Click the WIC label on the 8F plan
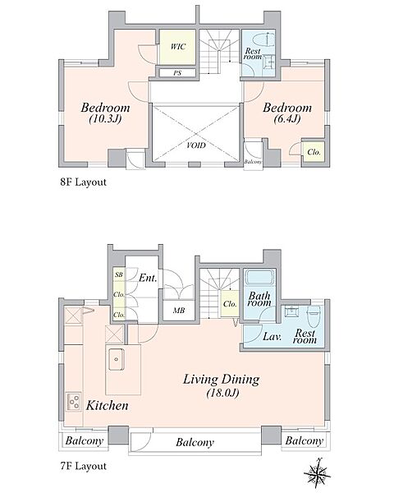pyautogui.click(x=178, y=47)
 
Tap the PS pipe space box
pyautogui.click(x=177, y=73)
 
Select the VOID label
pyautogui.click(x=196, y=145)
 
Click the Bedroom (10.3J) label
pyautogui.click(x=105, y=113)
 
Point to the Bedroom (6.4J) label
pyautogui.click(x=287, y=113)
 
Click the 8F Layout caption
pyautogui.click(x=83, y=182)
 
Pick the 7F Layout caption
pyautogui.click(x=83, y=466)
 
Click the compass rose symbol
pyautogui.click(x=318, y=472)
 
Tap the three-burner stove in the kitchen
pyautogui.click(x=74, y=402)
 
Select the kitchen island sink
pyautogui.click(x=117, y=359)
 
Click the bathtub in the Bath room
pyautogui.click(x=260, y=277)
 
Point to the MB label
pyautogui.click(x=179, y=311)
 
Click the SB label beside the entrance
pyautogui.click(x=119, y=274)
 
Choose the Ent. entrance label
pyautogui.click(x=148, y=278)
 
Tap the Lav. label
pyautogui.click(x=272, y=337)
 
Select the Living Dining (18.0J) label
pyautogui.click(x=222, y=385)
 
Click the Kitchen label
pyautogui.click(x=108, y=406)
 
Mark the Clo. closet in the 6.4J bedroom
pyautogui.click(x=314, y=152)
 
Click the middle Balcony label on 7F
pyautogui.click(x=195, y=442)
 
